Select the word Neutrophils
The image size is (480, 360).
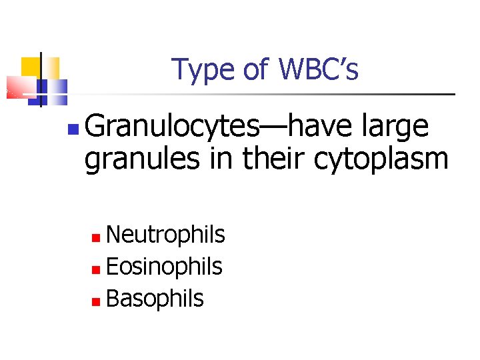point(165,235)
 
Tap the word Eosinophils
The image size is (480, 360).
point(164,267)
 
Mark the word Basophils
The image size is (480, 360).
point(155,299)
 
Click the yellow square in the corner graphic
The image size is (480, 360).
point(31,67)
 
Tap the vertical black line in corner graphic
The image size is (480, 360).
point(41,80)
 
